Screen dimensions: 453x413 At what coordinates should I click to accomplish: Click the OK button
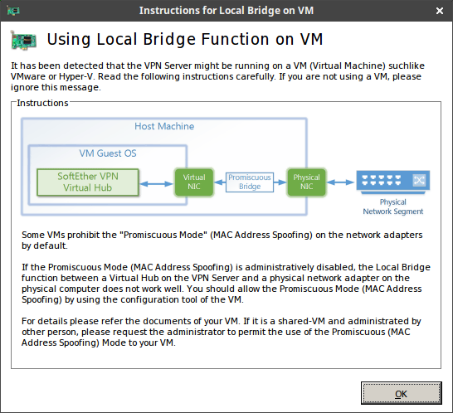coord(401,393)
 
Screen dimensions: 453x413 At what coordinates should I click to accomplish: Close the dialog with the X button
coord(440,11)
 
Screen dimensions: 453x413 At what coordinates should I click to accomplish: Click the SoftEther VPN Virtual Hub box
coord(88,182)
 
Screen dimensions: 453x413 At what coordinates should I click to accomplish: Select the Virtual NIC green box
coord(194,182)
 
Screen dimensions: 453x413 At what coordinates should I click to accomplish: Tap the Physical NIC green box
coord(306,182)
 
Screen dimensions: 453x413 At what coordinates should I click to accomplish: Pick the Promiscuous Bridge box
coord(250,182)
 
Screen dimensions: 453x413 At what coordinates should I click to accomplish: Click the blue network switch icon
coord(393,182)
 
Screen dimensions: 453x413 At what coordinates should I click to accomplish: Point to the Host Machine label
coord(164,126)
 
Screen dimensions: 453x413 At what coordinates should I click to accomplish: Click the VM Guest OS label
coord(108,153)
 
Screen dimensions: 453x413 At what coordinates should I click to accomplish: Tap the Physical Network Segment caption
coord(393,206)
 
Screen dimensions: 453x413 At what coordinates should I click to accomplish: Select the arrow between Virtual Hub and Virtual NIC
coord(156,183)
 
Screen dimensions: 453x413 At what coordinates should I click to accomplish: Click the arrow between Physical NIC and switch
coord(340,182)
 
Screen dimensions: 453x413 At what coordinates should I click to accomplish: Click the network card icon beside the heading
coord(23,40)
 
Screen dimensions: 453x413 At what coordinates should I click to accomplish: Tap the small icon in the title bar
coord(13,11)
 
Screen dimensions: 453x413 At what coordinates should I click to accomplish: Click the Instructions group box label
coord(42,103)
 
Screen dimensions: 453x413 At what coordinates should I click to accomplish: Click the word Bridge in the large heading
coord(169,39)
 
